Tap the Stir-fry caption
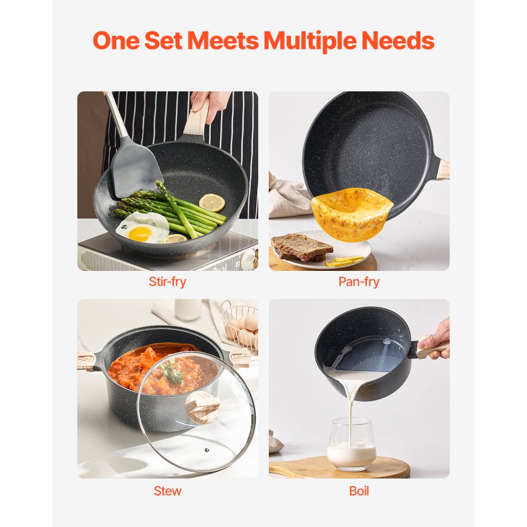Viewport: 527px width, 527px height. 167,281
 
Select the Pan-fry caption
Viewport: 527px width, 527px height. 359,281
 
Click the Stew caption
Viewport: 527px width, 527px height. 168,491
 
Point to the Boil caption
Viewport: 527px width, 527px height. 359,491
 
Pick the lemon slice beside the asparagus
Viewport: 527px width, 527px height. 212,202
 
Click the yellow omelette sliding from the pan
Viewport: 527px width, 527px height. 352,212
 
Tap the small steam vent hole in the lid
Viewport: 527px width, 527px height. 206,450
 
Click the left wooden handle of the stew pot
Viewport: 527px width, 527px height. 86,360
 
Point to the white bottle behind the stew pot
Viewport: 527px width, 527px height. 188,309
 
